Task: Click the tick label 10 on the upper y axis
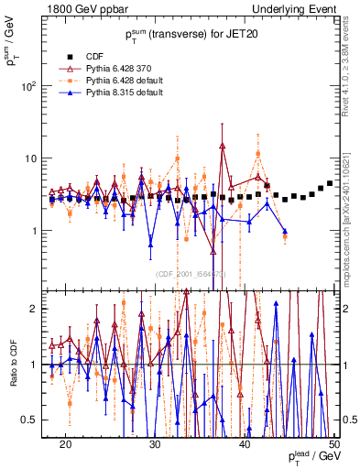(x=37, y=158)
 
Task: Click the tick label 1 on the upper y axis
(x=40, y=231)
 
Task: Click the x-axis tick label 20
(x=65, y=443)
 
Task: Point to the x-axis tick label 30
(x=155, y=443)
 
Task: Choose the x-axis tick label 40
(x=245, y=443)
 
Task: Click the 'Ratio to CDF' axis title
(x=13, y=366)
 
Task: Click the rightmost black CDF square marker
(x=330, y=183)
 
